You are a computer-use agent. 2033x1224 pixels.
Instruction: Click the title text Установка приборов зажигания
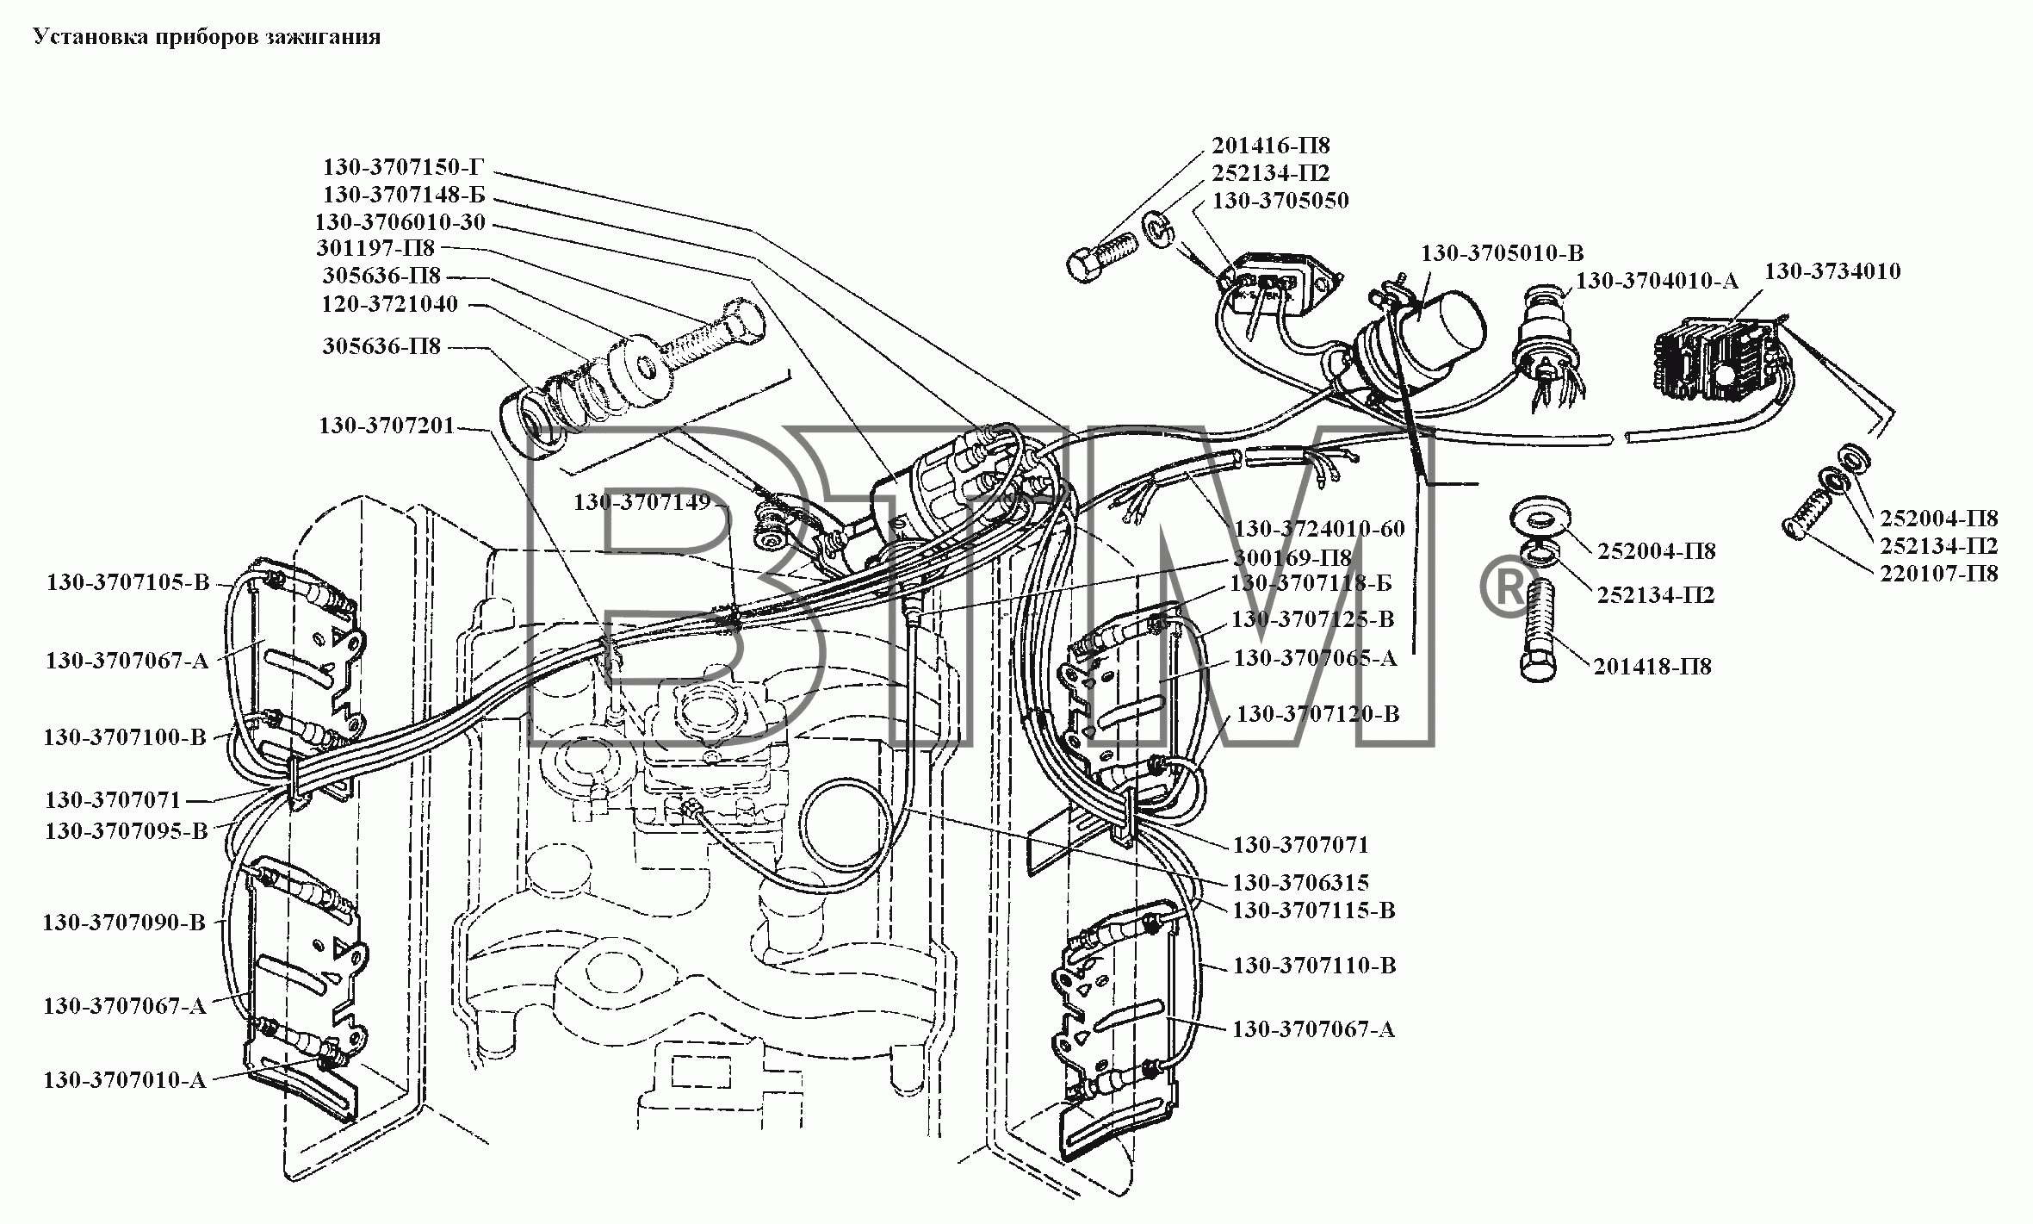[x=207, y=37]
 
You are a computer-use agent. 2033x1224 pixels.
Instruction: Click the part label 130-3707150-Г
[x=404, y=166]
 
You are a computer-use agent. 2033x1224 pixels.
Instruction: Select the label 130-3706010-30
[x=400, y=222]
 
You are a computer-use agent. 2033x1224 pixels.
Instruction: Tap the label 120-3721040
[x=390, y=304]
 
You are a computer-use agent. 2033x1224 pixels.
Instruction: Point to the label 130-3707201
[x=387, y=426]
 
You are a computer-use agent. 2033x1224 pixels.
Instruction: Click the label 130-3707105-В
[x=127, y=582]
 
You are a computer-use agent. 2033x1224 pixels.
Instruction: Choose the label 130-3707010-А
[x=125, y=1080]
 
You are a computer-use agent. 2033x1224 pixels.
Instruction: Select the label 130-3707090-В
[x=124, y=923]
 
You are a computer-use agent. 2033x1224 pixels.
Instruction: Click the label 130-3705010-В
[x=1502, y=253]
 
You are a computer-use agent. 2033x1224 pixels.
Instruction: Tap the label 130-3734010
[x=1833, y=272]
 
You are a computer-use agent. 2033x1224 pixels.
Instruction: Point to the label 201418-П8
[x=1652, y=666]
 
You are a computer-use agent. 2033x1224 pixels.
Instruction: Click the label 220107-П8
[x=1938, y=573]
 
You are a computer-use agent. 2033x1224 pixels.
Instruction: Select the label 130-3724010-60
[x=1320, y=528]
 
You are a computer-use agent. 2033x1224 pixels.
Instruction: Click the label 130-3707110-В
[x=1314, y=966]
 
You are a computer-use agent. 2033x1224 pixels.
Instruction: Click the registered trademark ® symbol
[x=1504, y=589]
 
